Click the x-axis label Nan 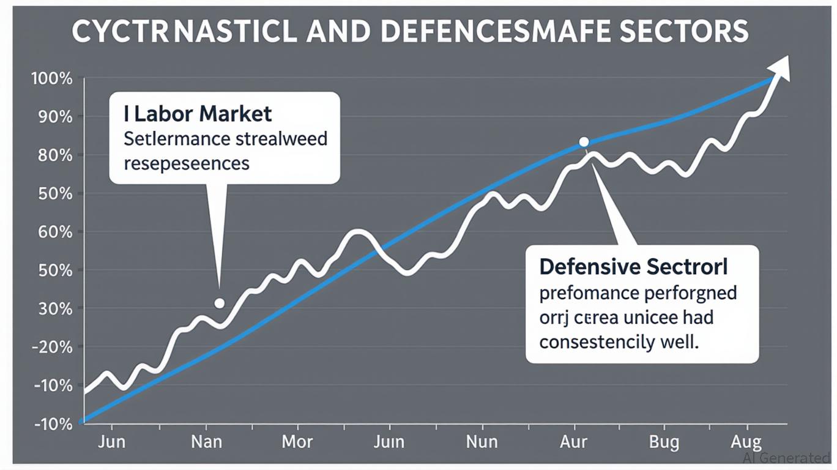pos(206,441)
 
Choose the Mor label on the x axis pos(297,441)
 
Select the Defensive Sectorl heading pos(633,267)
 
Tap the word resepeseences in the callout pos(187,163)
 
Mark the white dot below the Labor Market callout pos(219,304)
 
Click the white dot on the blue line pos(584,141)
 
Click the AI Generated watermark pos(786,458)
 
